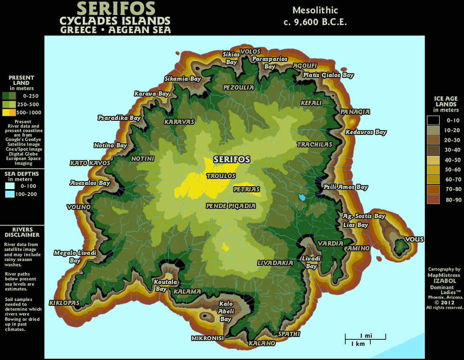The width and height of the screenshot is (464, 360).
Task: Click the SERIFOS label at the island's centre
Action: click(232, 159)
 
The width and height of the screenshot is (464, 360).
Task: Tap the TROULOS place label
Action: click(221, 176)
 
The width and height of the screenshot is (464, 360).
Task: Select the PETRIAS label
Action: click(246, 189)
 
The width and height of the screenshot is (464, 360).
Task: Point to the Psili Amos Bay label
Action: click(346, 187)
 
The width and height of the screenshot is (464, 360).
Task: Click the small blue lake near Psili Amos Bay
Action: click(302, 198)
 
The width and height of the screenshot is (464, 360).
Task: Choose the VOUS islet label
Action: click(414, 239)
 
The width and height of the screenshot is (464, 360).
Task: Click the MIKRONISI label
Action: click(208, 338)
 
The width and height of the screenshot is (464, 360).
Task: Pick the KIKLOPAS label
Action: click(64, 303)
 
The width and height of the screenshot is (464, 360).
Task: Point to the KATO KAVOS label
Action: click(90, 163)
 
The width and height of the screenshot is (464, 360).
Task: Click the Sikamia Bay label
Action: click(183, 79)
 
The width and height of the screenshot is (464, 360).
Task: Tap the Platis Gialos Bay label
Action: click(328, 75)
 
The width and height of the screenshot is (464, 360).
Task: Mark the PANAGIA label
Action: click(355, 112)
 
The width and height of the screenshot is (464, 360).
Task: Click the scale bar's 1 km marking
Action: click(358, 344)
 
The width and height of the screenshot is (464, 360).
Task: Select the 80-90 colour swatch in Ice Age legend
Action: click(433, 199)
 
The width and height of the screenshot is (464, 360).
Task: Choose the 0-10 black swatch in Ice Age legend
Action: click(433, 120)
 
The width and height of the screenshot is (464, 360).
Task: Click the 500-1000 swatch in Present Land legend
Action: click(9, 112)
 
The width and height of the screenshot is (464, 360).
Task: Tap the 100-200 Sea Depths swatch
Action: click(10, 194)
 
